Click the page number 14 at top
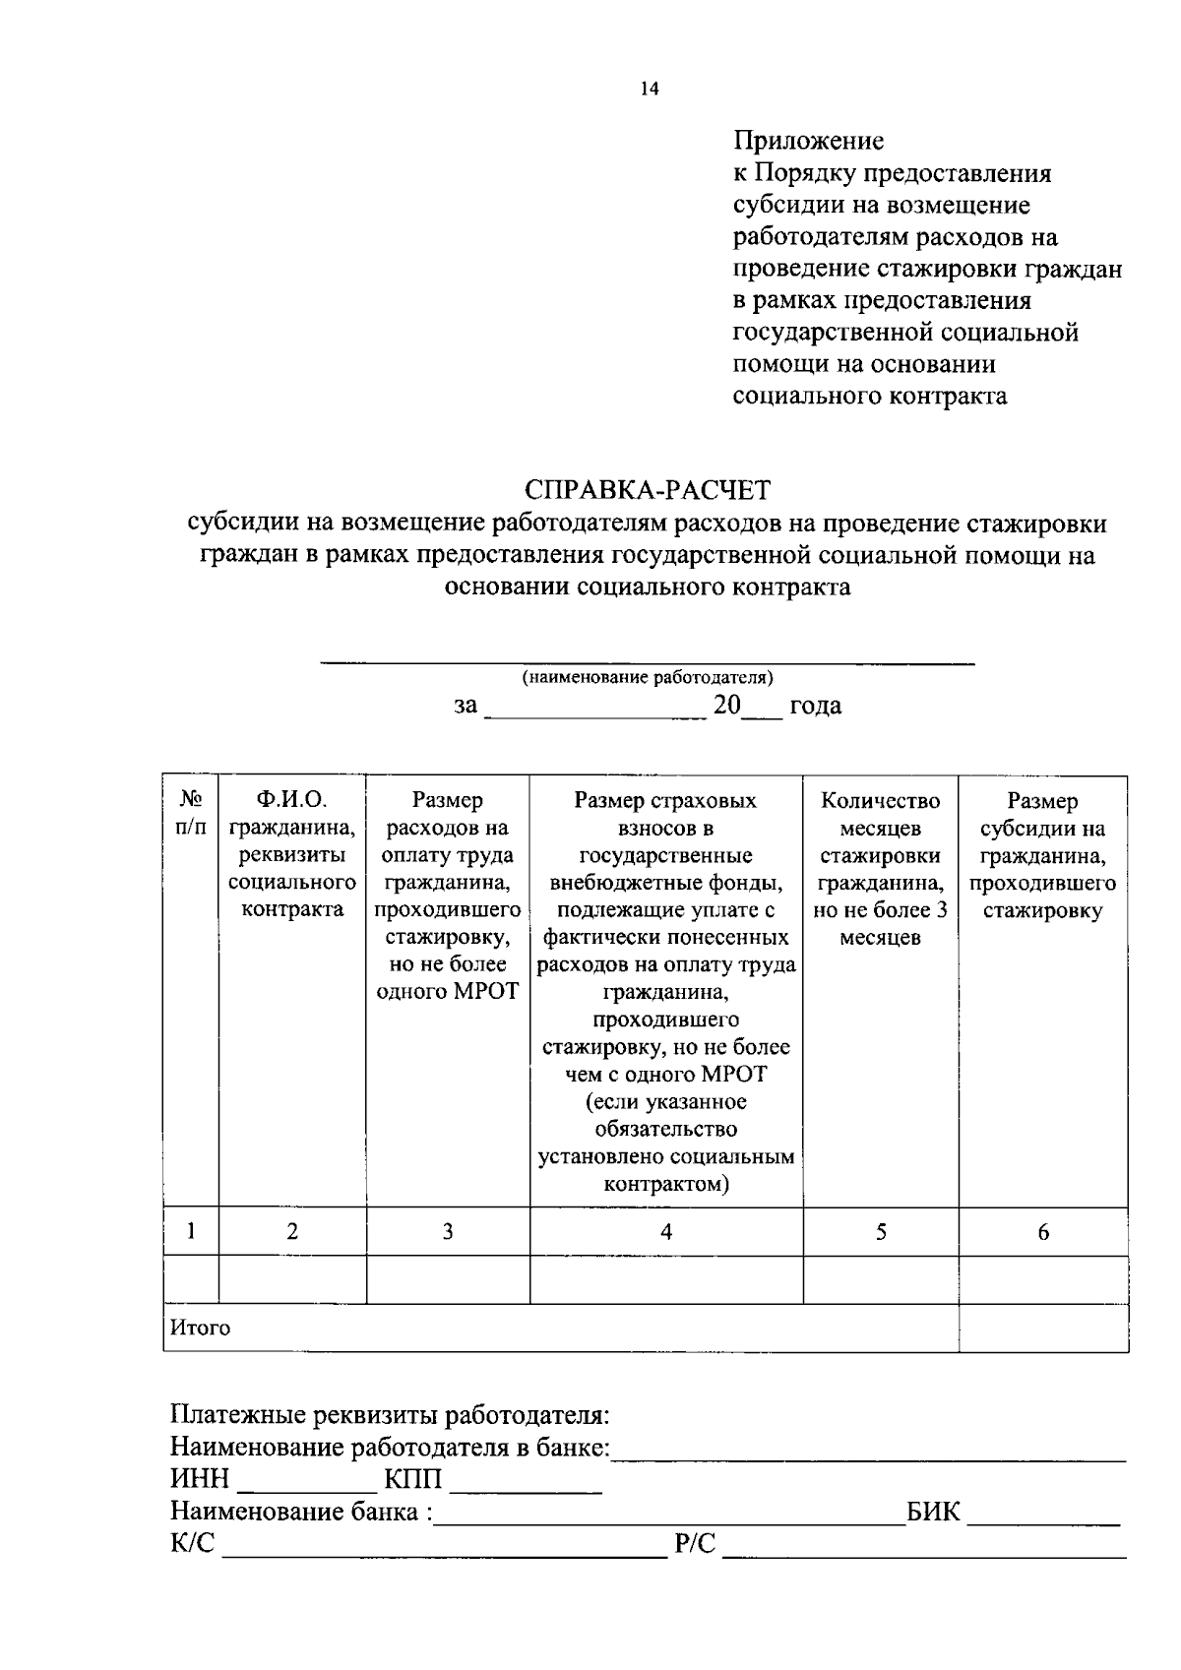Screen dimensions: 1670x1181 [x=649, y=89]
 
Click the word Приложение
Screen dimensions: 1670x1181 [x=808, y=141]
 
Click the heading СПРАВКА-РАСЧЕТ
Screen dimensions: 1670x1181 [x=648, y=489]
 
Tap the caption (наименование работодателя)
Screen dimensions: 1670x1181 [x=648, y=677]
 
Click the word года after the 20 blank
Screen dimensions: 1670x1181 [x=816, y=706]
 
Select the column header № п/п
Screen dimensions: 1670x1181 [x=191, y=814]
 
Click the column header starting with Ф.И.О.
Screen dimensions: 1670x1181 [x=291, y=854]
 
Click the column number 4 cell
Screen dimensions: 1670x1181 [x=666, y=1231]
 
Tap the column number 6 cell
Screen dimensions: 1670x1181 [x=1043, y=1231]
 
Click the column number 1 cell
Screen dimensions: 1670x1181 [x=191, y=1231]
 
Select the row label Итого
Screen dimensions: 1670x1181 [x=201, y=1328]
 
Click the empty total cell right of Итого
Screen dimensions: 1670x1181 [x=1043, y=1328]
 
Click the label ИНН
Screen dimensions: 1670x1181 [x=200, y=1480]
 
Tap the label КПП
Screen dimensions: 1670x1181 [x=413, y=1480]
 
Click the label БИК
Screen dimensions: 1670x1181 [x=933, y=1512]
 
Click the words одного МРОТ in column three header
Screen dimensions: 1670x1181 [x=448, y=991]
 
